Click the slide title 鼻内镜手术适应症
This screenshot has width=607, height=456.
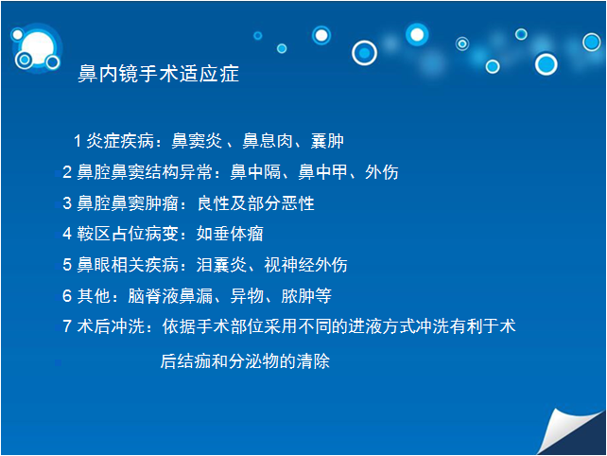coord(158,74)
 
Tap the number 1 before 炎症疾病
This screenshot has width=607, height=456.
coord(78,141)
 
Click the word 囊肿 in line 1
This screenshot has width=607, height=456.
coord(327,141)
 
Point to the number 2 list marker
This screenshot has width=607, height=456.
coord(67,172)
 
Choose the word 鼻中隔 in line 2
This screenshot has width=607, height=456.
coord(255,172)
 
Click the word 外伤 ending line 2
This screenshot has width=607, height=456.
coord(381,172)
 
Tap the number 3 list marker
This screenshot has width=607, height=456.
coord(67,203)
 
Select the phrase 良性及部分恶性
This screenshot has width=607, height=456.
coord(256,203)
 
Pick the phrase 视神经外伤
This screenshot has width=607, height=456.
coord(305,265)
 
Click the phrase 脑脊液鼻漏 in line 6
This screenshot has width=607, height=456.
coord(171,296)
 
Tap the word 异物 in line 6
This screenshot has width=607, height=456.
coord(247,296)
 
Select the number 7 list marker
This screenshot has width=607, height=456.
coord(67,326)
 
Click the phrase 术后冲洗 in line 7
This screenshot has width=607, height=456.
coord(111,326)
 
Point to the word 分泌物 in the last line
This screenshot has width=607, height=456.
coord(254,361)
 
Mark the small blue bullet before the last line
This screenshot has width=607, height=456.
coord(58,362)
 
